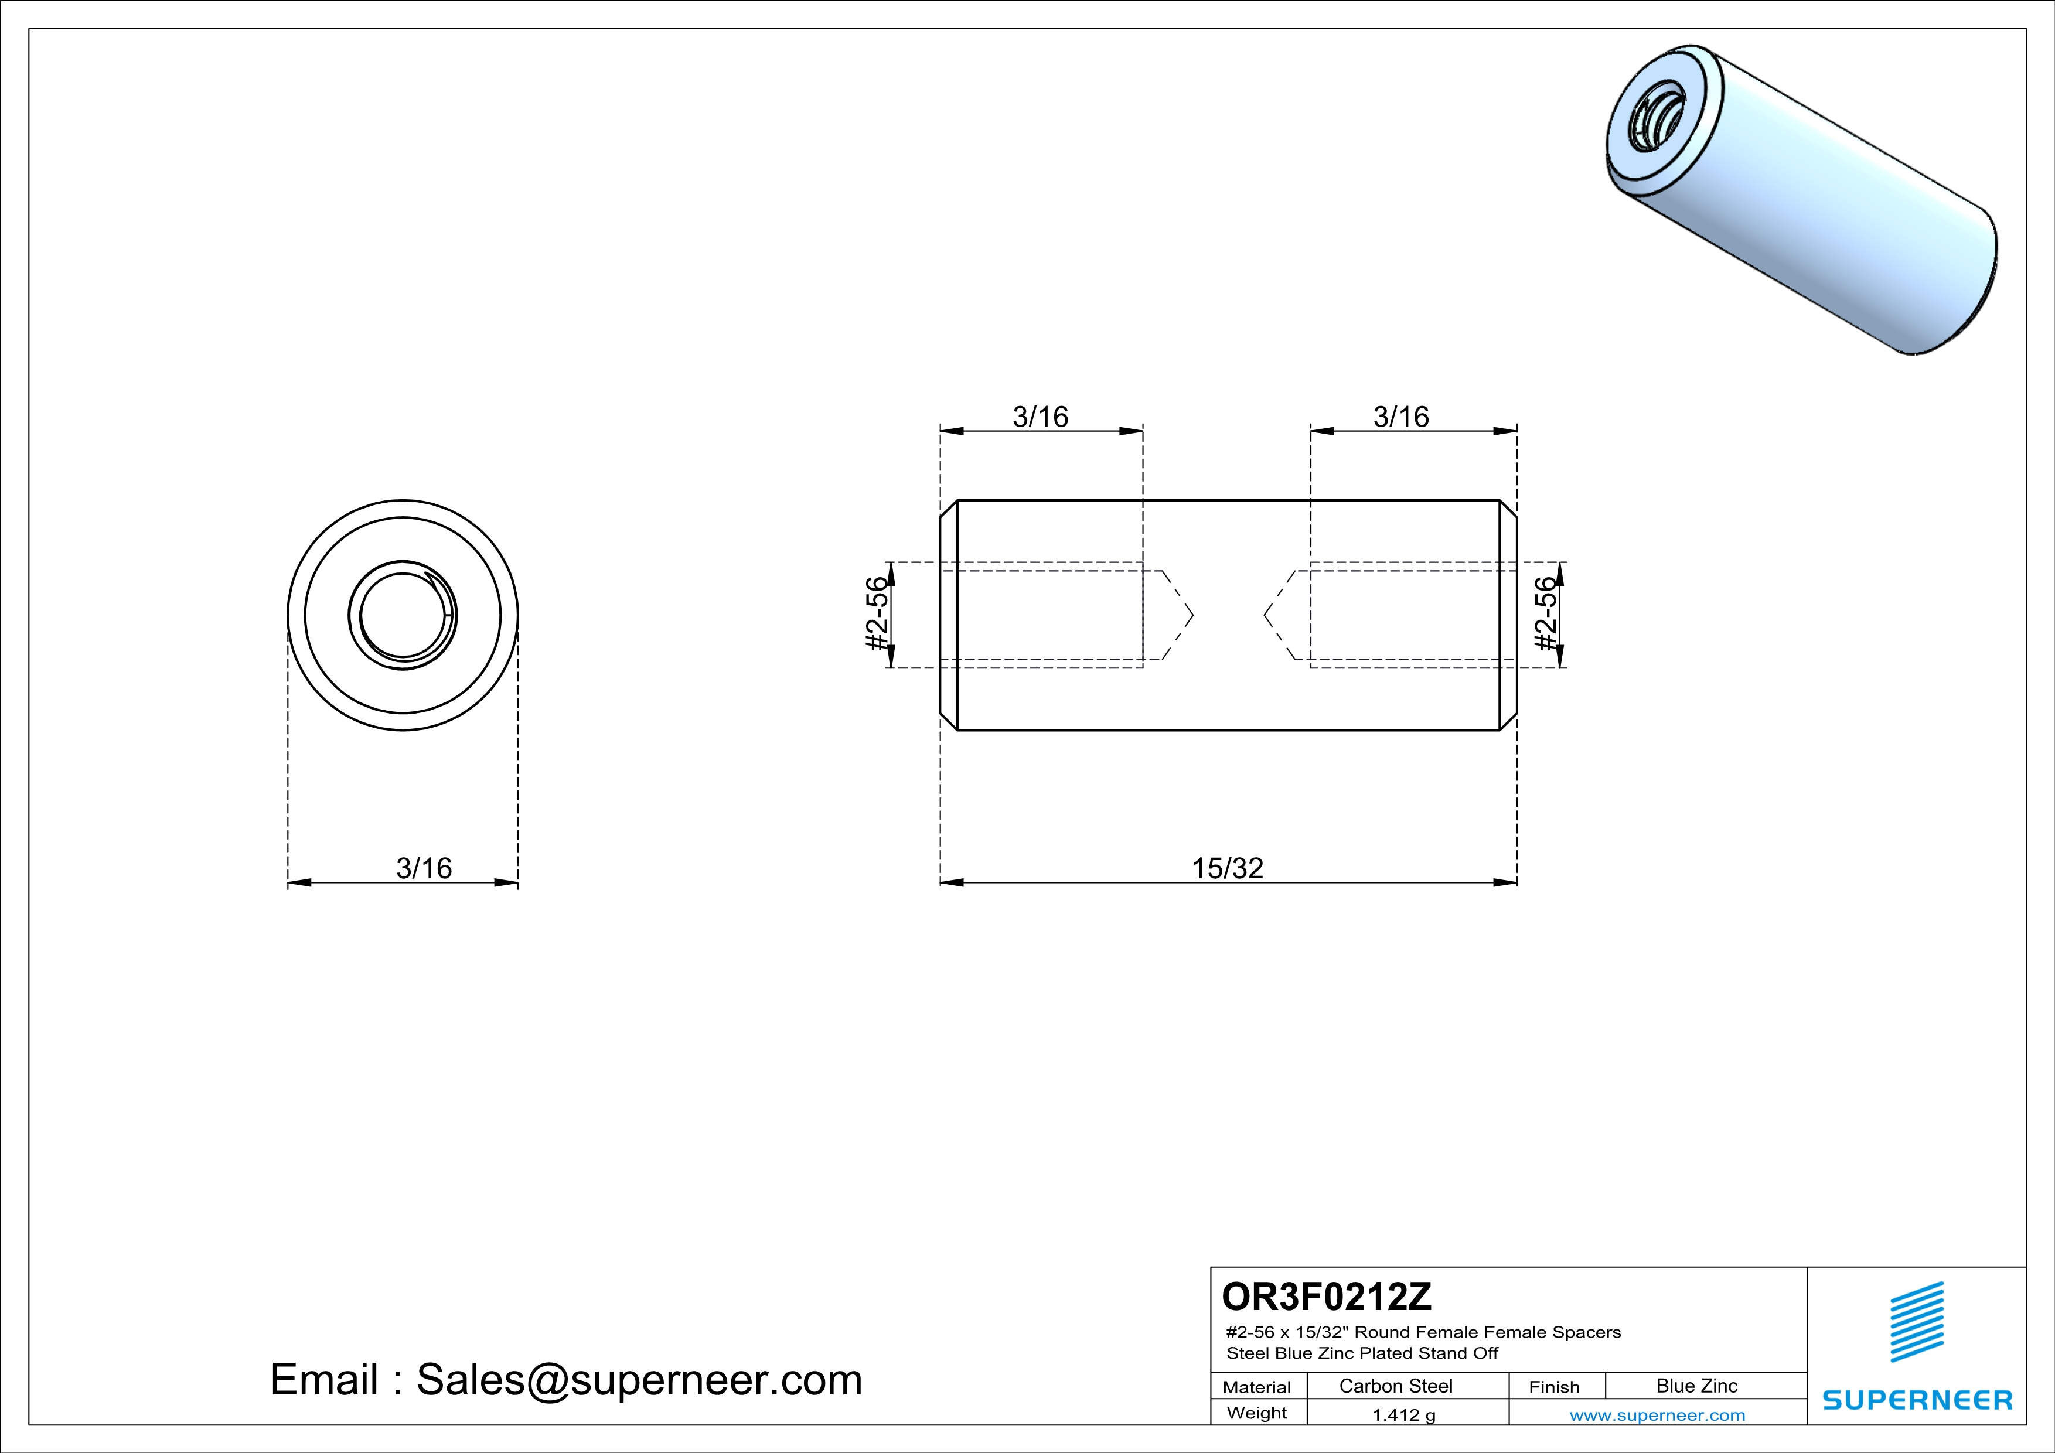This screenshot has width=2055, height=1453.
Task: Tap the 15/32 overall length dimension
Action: (1227, 868)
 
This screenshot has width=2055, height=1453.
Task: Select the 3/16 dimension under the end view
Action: (424, 868)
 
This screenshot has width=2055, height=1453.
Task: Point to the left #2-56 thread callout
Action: (878, 615)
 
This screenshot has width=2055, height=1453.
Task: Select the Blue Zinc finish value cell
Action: (1697, 1386)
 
